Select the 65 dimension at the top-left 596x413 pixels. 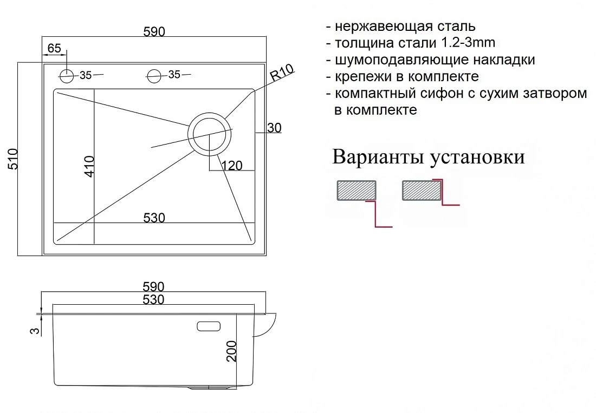tap(54, 48)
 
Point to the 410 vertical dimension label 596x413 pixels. tap(89, 166)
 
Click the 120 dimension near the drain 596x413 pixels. tap(231, 166)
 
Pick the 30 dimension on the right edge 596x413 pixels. tap(274, 128)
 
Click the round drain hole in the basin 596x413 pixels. tap(210, 134)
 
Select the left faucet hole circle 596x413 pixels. tap(67, 76)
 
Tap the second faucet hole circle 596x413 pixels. tap(154, 76)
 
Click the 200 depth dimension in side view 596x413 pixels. tap(231, 351)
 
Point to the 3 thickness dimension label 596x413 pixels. tap(35, 331)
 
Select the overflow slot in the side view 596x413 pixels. tap(209, 326)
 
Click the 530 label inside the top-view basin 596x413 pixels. tap(154, 218)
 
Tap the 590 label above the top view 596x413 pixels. tap(154, 31)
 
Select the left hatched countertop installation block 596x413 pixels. tap(357, 191)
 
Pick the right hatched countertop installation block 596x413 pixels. tap(422, 191)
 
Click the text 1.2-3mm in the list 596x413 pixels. tap(468, 43)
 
